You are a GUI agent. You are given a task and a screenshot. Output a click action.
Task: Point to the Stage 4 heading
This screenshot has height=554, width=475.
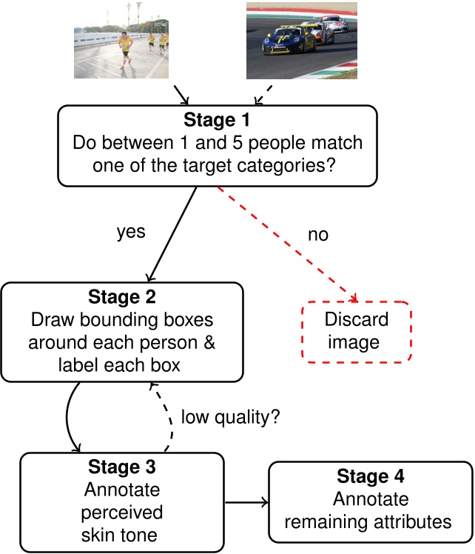pos(371,475)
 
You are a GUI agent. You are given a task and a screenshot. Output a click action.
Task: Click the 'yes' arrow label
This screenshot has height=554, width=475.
pos(131,232)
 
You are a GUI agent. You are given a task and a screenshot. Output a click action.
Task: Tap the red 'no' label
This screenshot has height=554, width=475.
pos(317,235)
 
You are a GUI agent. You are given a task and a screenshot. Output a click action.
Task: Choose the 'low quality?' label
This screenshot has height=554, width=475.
pos(230,417)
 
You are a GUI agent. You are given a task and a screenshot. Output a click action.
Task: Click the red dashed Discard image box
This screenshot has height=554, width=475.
pos(356,331)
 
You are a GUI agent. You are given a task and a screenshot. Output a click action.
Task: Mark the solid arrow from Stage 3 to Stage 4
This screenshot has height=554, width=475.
pos(246,503)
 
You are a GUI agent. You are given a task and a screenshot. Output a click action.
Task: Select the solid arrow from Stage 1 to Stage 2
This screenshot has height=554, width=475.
pos(173,233)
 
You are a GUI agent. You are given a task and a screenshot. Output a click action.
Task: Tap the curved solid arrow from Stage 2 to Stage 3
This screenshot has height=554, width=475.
pos(69,418)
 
